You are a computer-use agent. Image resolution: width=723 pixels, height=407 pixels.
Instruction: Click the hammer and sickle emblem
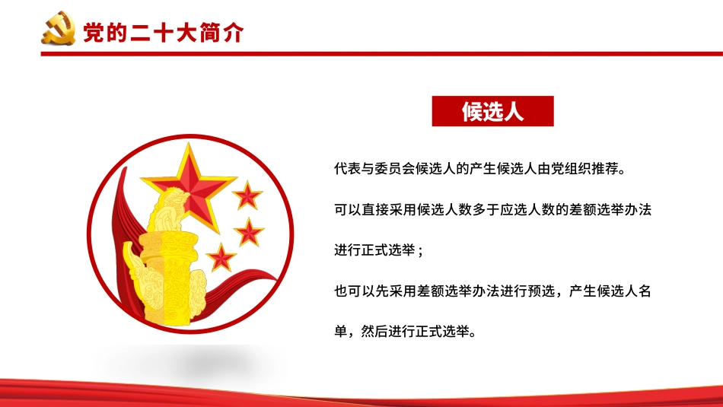coord(58,32)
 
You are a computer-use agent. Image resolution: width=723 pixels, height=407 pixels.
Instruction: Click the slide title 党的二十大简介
coord(163,33)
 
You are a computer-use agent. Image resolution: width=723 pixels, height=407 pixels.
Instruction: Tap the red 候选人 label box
coord(492,111)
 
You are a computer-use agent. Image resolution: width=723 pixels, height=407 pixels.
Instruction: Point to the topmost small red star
coord(247,196)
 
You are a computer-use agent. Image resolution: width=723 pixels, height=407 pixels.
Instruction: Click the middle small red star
coord(249,231)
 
